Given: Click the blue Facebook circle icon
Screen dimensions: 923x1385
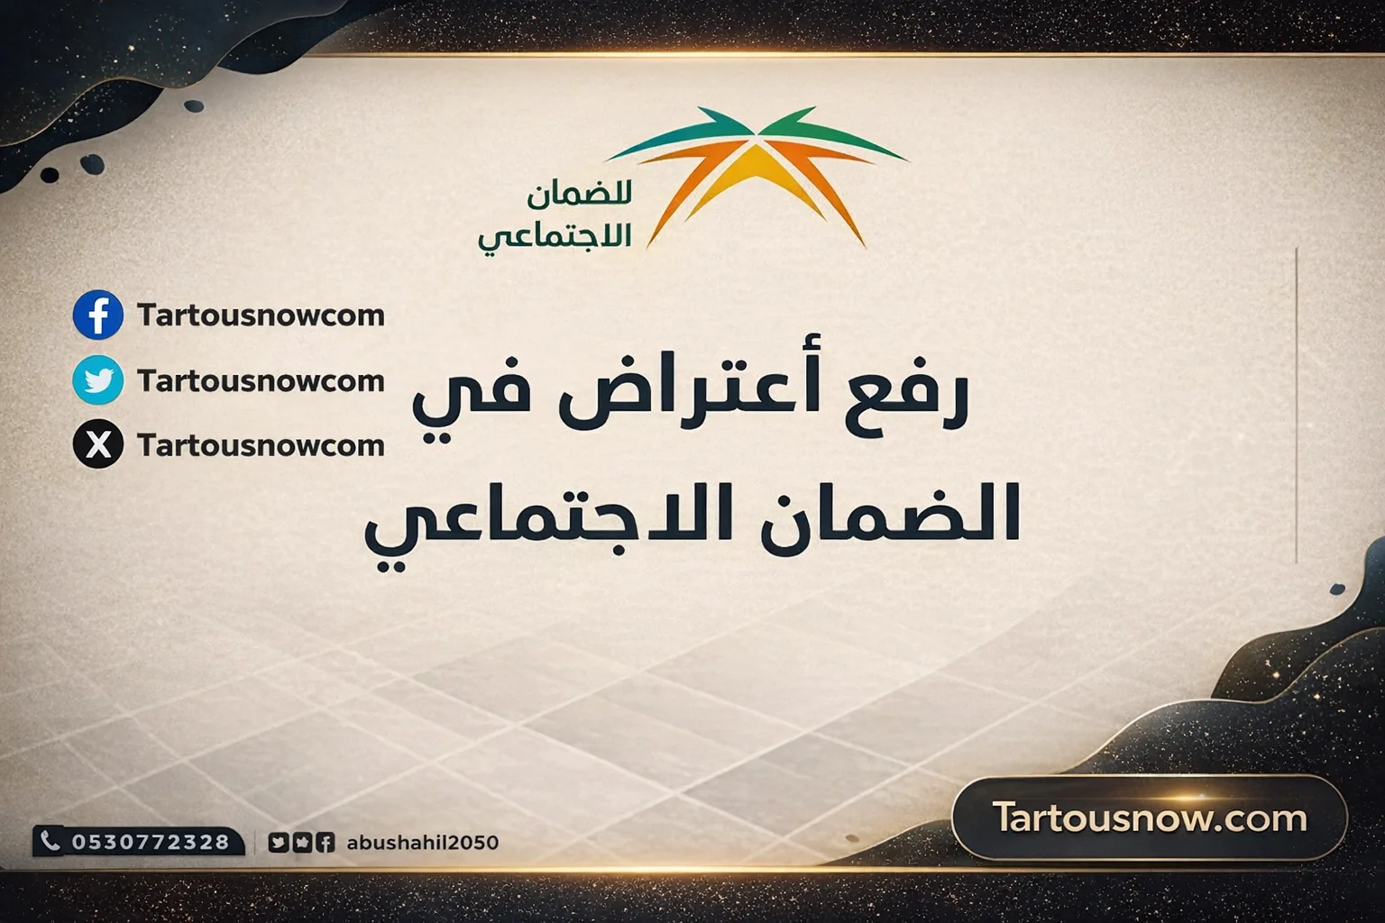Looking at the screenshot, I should click(98, 315).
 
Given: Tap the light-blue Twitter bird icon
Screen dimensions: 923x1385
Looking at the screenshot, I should click(98, 379).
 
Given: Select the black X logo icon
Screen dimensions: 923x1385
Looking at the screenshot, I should click(98, 444).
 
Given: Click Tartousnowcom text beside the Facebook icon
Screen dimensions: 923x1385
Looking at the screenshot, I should click(261, 315).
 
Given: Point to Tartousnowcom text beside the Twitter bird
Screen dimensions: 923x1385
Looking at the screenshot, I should click(261, 380).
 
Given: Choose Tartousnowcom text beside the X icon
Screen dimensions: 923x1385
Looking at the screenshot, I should click(261, 445).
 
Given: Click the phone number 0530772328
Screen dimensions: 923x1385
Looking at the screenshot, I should click(151, 842).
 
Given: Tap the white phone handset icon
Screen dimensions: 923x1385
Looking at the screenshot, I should click(50, 841).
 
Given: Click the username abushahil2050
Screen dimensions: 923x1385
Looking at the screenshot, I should click(422, 843).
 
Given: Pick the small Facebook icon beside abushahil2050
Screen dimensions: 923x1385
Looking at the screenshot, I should click(326, 843).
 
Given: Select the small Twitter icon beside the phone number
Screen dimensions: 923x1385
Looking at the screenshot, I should click(278, 843).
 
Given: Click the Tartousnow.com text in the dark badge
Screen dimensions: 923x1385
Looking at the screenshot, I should click(1150, 818).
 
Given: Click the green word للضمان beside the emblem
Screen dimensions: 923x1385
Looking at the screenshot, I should click(580, 194).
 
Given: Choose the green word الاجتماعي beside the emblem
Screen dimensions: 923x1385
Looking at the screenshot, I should click(555, 236).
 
